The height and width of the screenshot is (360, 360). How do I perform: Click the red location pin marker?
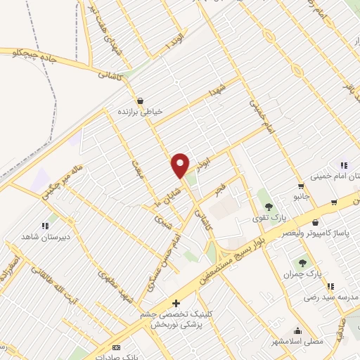click(x=181, y=165)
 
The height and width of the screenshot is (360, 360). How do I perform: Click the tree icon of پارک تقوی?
click(x=268, y=207)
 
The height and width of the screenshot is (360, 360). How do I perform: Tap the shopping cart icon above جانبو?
click(x=302, y=187)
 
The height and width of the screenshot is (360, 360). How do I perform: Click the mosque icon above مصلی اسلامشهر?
click(x=297, y=330)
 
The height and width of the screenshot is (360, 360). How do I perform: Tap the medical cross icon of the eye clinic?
click(x=176, y=304)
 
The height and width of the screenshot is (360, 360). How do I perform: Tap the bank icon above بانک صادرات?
click(x=117, y=347)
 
